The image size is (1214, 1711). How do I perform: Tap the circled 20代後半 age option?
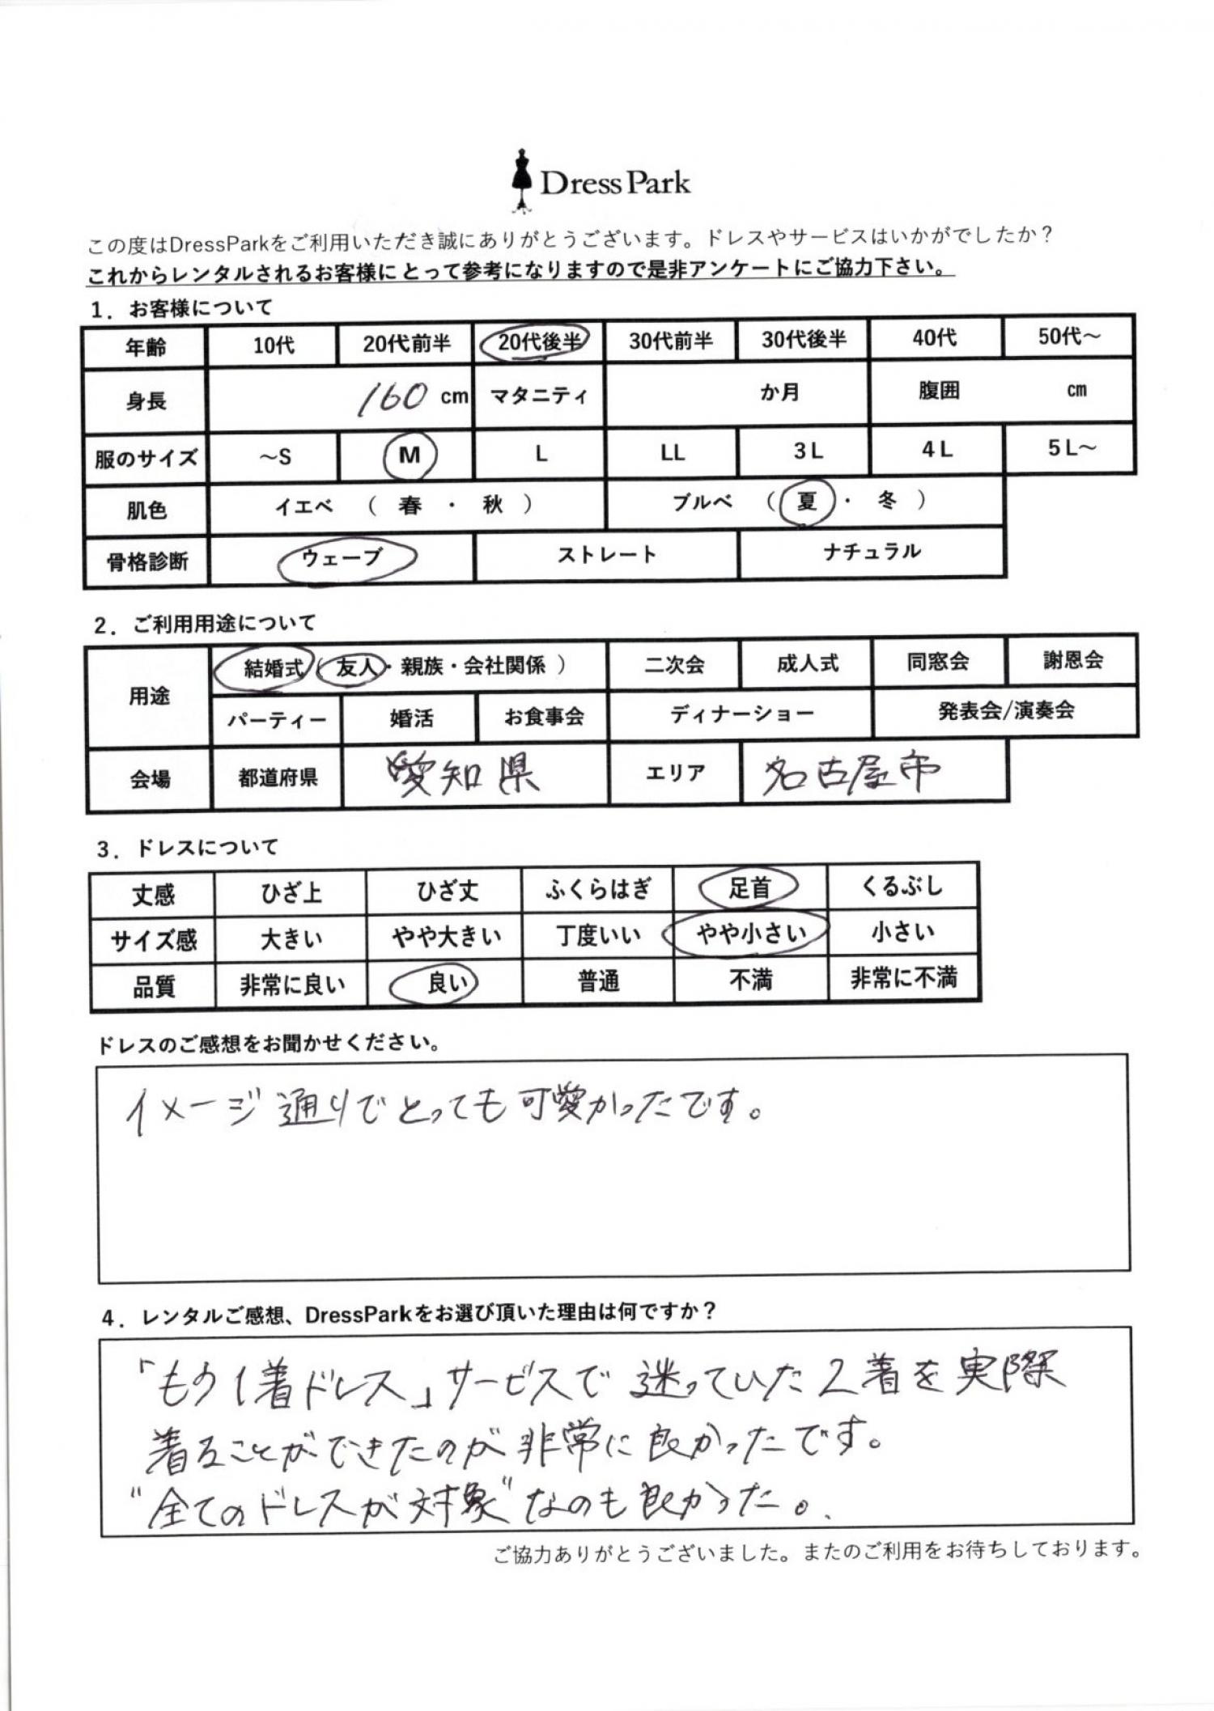coord(534,341)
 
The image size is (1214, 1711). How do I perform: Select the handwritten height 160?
coord(393,396)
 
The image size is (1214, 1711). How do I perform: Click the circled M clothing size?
coord(410,455)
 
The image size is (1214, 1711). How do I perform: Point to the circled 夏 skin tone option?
coord(805,502)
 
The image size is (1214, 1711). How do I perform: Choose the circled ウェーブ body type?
coord(343,557)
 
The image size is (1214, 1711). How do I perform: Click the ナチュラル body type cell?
coord(872,553)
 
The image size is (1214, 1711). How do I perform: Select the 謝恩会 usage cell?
coord(1072,660)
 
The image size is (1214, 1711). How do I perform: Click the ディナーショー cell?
coord(741,714)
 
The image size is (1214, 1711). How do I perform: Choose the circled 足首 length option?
coord(749,888)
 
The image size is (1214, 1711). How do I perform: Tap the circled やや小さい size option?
coord(750,934)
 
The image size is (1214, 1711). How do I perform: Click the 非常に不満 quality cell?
coord(902,979)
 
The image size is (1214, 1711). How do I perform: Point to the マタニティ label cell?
coord(538,396)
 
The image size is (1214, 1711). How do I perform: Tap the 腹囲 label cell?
coord(938,391)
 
